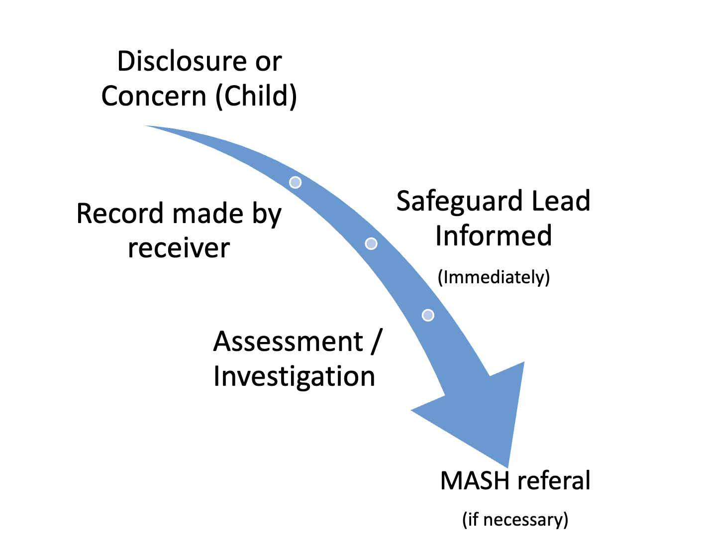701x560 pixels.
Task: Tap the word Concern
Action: point(153,96)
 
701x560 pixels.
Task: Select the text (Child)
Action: point(256,96)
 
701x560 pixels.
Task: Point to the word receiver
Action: point(179,248)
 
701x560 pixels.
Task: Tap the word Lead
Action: point(561,201)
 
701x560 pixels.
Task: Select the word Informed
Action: point(494,235)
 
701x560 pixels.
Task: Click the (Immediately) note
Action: point(494,277)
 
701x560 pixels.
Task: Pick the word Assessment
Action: point(288,341)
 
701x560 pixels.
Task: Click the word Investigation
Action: point(294,377)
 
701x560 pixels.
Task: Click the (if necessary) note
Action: point(515,520)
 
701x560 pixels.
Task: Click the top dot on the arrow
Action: point(295,182)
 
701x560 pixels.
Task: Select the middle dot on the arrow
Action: point(371,243)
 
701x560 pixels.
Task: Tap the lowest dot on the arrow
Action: point(428,315)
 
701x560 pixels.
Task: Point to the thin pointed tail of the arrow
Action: point(146,125)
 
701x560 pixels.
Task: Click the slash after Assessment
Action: point(376,341)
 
